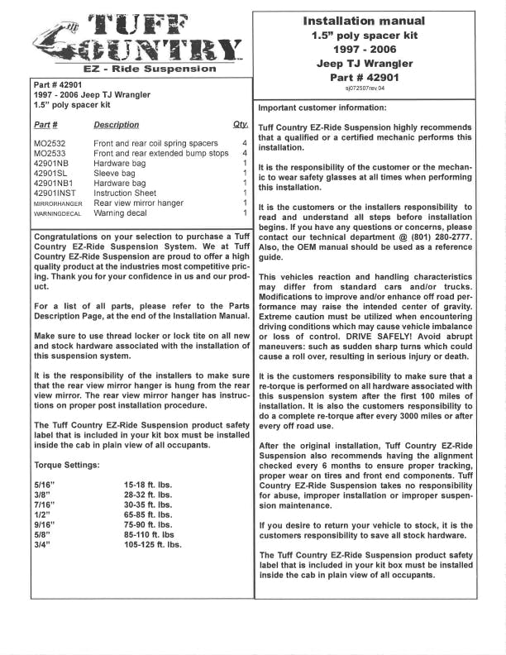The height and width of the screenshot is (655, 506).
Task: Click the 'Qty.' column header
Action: coord(240,125)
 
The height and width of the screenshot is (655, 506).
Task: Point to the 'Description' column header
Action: coord(117,125)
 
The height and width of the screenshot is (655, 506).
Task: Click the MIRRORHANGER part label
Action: coord(58,203)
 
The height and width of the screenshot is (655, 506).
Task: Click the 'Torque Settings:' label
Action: coord(67,465)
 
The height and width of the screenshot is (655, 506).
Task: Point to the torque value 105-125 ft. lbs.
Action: coord(153,544)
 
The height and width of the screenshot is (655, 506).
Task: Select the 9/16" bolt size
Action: coord(45,524)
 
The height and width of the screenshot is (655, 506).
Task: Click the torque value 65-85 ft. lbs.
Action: coord(148,514)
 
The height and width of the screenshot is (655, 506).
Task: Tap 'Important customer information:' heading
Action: coord(322,108)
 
